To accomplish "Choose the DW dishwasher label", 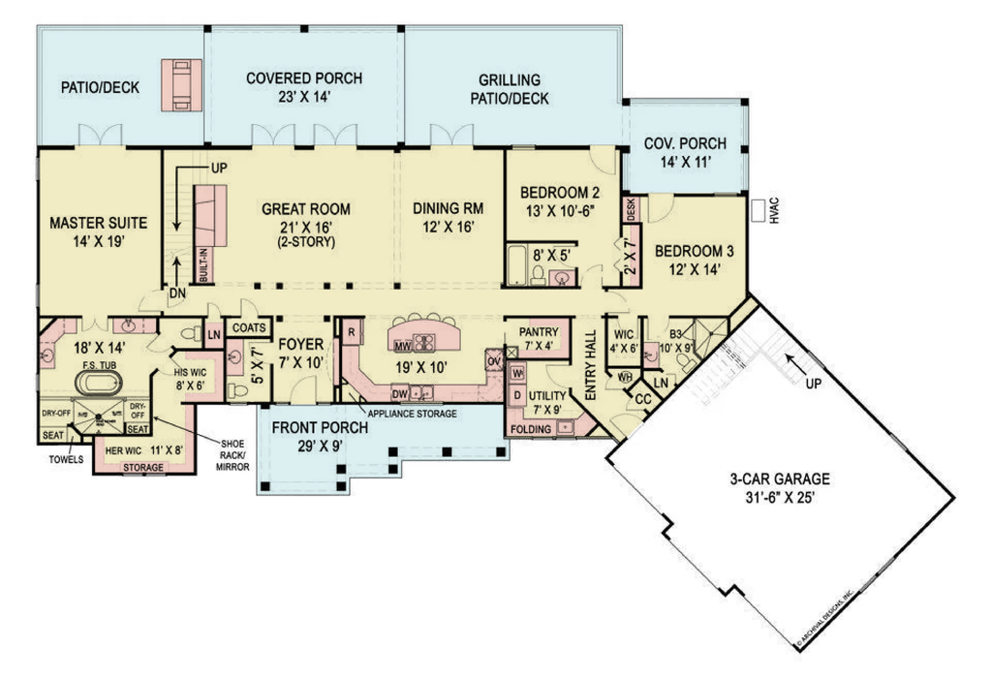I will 399,393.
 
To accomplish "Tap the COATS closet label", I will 248,328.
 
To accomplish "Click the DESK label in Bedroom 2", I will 630,209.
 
